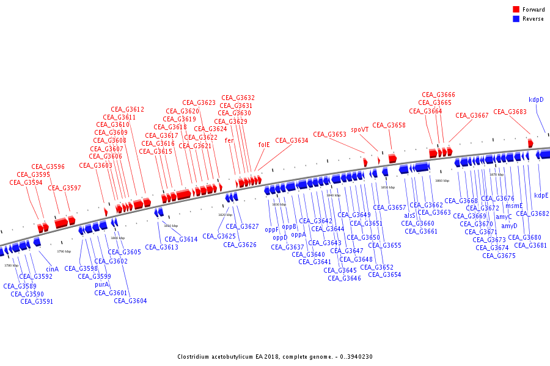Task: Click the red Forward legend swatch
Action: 516,9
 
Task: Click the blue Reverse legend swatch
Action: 516,19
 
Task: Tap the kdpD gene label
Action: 536,100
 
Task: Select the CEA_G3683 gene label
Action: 510,112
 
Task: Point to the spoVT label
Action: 360,129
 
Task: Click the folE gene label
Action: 263,145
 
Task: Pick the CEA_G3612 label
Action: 127,110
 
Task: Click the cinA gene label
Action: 53,269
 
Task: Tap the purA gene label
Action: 101,284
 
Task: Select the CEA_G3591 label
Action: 37,301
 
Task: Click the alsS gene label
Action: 409,215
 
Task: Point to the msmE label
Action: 514,206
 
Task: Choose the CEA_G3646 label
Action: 344,278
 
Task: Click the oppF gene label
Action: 271,230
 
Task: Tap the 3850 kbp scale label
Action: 388,187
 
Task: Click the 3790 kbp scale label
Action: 64,251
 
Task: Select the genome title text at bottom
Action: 274,357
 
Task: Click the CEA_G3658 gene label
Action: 389,125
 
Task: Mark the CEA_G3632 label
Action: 238,98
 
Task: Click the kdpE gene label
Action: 541,195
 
